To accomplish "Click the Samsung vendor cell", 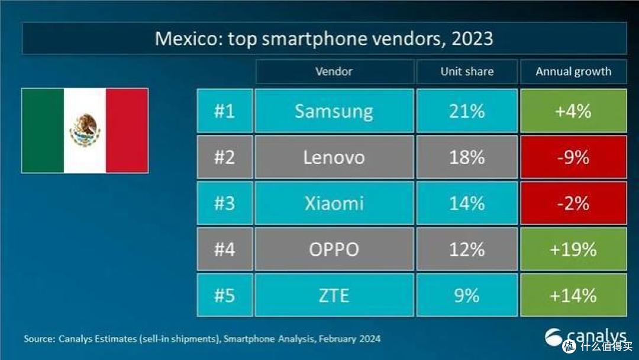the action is (334, 111).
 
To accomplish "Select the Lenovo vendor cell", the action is (334, 157).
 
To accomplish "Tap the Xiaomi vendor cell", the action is (334, 203).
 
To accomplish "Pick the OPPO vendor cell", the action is (334, 249).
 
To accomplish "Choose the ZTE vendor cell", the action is (334, 295).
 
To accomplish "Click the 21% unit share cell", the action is (467, 111).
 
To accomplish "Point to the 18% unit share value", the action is (467, 157).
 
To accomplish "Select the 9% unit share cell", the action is (467, 295).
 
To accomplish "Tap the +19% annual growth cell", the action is (573, 249).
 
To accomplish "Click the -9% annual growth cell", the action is (573, 157).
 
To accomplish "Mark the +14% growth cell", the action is (573, 295).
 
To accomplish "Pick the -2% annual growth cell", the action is (573, 203).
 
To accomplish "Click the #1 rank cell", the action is (225, 111).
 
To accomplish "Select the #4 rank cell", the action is (225, 249).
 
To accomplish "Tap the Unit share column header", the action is (467, 71).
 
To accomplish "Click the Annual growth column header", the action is (573, 71).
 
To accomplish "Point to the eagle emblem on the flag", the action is (85, 130).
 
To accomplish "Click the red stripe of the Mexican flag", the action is (127, 130).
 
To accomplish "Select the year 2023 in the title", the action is (472, 38).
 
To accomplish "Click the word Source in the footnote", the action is (39, 339).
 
